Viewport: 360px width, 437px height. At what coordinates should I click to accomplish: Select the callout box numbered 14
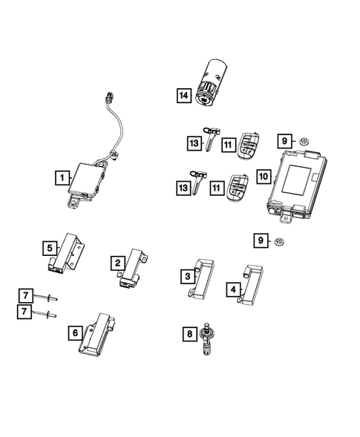point(183,95)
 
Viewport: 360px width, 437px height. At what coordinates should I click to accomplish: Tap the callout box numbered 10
point(262,177)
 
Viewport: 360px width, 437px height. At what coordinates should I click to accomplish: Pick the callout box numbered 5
point(48,247)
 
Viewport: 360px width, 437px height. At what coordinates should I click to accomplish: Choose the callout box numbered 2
point(117,262)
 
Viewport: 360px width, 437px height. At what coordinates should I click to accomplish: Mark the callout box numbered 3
point(189,276)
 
